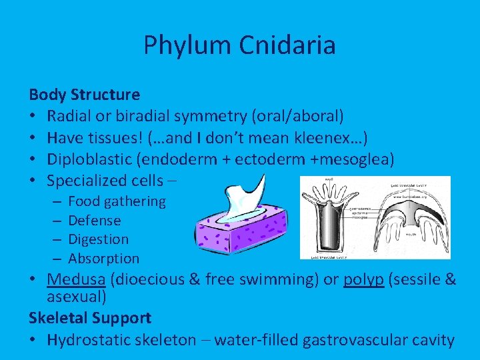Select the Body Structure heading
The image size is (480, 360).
[85, 95]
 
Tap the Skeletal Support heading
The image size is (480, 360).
[90, 318]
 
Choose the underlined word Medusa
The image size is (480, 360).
[73, 279]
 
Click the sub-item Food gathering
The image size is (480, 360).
[117, 201]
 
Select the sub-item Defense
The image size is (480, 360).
[95, 220]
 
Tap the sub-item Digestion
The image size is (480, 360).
[99, 239]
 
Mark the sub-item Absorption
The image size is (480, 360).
[104, 258]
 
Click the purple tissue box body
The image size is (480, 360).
[233, 233]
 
